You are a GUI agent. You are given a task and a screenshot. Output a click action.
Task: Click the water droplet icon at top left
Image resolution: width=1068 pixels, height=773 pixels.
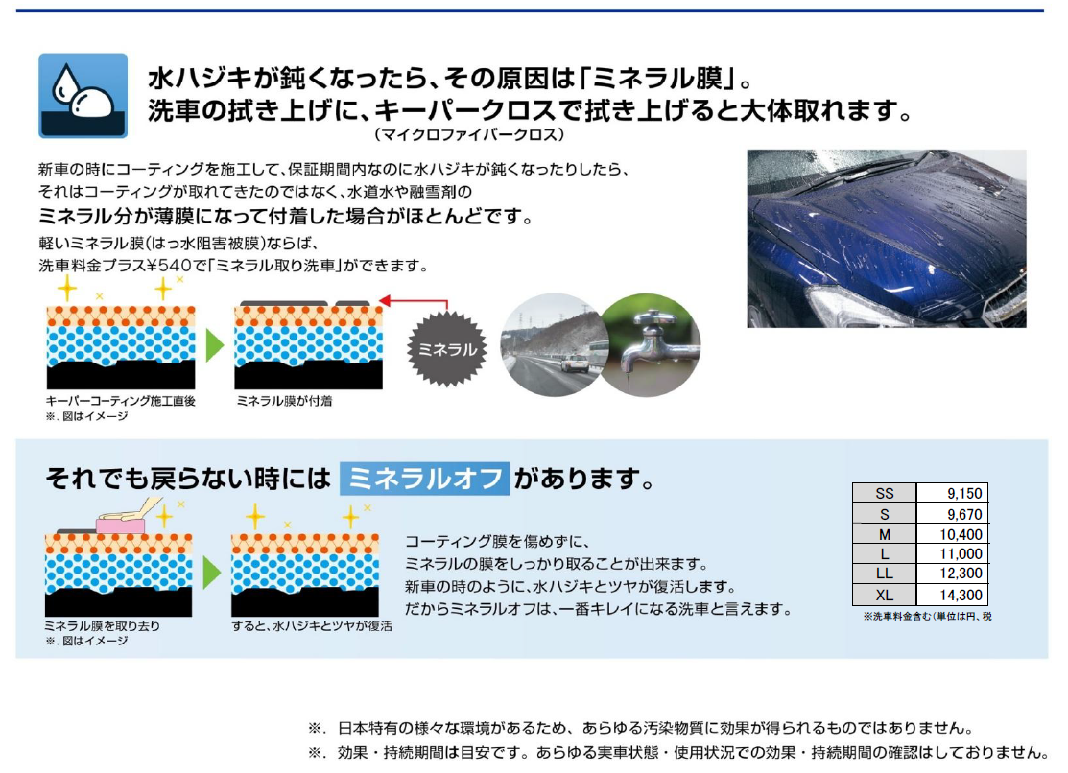click(x=83, y=95)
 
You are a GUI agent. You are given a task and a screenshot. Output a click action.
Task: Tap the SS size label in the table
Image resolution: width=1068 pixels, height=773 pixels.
click(x=884, y=494)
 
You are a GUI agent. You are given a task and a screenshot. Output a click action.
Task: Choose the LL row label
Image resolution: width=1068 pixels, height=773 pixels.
click(x=884, y=574)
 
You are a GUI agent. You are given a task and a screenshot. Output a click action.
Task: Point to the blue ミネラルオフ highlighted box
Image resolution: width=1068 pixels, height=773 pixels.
click(x=424, y=479)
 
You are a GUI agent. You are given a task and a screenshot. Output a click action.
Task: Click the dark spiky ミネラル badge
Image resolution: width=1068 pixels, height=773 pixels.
click(x=447, y=349)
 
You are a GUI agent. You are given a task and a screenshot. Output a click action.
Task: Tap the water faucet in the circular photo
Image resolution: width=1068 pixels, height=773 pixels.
click(x=651, y=345)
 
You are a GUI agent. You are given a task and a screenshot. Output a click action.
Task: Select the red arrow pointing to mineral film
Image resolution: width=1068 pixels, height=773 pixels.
click(x=414, y=303)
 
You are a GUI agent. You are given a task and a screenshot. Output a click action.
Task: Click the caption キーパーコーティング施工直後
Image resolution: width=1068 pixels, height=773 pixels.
click(x=121, y=401)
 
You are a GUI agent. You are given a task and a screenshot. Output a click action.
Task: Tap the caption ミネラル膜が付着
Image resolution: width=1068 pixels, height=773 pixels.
click(x=284, y=401)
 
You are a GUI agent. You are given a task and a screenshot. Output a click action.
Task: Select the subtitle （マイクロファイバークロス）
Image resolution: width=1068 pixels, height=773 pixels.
click(x=469, y=135)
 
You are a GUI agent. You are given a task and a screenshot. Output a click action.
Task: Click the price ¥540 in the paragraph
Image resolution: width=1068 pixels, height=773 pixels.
click(x=175, y=265)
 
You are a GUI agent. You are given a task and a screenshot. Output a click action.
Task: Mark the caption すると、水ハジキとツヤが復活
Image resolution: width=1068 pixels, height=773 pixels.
click(x=312, y=626)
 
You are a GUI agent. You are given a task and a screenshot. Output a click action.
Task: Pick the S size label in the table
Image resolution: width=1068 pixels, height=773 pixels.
click(x=884, y=515)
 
